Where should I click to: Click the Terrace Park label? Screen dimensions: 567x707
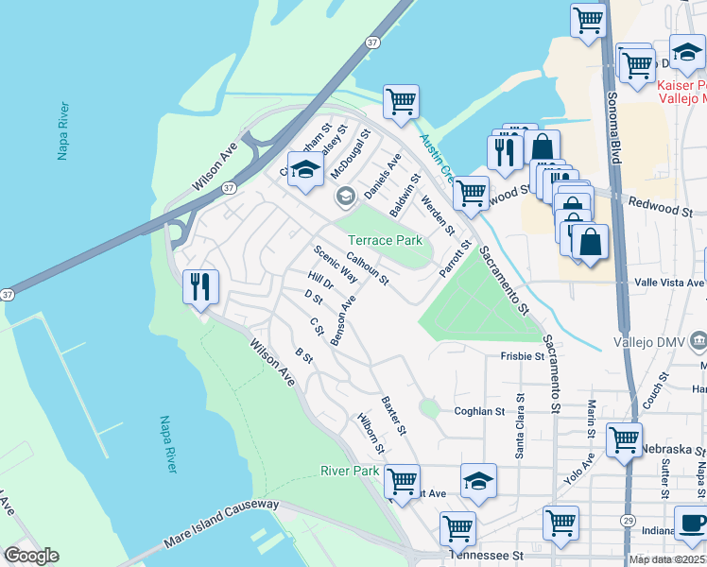click(x=386, y=240)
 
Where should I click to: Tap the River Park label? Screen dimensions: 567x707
click(x=350, y=471)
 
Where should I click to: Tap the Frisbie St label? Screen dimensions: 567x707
click(x=523, y=356)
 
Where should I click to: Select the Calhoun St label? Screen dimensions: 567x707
click(x=367, y=267)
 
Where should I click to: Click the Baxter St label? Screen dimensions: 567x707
click(x=393, y=416)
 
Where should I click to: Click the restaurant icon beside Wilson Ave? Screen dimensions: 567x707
click(x=200, y=286)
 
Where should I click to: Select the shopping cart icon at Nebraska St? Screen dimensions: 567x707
click(x=624, y=440)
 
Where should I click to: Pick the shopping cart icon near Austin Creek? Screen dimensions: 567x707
click(x=402, y=102)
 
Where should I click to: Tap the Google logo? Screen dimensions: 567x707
click(x=31, y=556)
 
